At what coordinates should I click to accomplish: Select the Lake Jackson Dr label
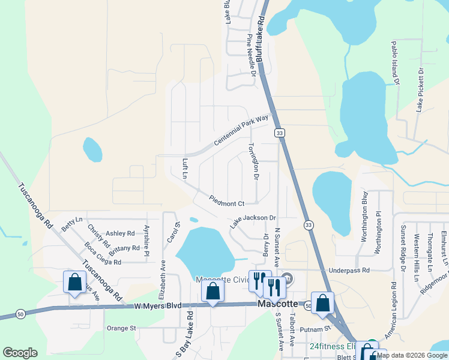coord(253,221)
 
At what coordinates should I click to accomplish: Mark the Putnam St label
coord(319,328)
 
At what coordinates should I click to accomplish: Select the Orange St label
coord(122,328)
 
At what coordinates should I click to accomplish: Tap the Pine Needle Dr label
coord(252,56)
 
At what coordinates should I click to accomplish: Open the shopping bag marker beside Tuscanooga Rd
coord(75,282)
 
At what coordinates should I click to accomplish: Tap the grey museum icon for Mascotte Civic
coord(288,279)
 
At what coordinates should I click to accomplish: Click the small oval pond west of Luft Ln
coord(92,149)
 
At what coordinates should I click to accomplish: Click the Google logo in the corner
coord(20,353)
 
